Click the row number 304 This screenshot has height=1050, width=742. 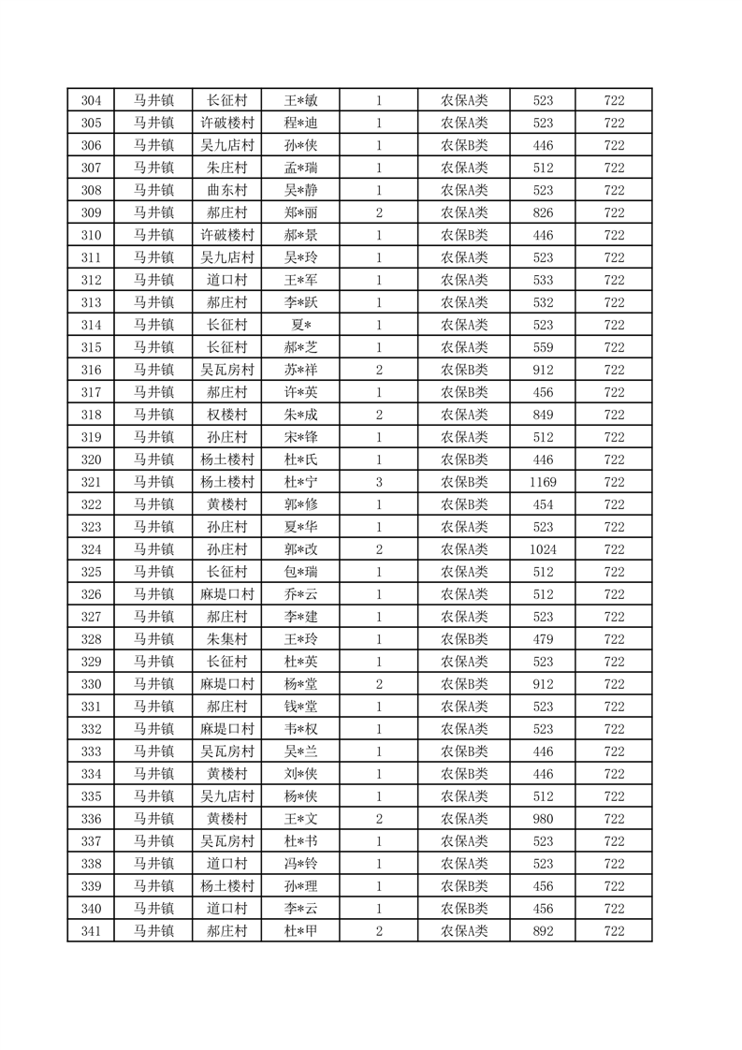click(91, 100)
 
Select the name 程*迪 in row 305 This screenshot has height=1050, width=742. click(300, 123)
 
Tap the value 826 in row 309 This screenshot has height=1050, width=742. click(543, 212)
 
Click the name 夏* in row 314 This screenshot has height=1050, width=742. click(300, 325)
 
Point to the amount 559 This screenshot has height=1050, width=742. click(543, 347)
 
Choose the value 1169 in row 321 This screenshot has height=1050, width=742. click(543, 482)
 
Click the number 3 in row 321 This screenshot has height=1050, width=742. click(378, 482)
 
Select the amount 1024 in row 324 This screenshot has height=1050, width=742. click(543, 549)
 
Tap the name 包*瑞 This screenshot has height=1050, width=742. click(300, 572)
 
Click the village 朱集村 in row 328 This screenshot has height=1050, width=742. click(226, 639)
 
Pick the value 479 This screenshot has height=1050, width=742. click(543, 639)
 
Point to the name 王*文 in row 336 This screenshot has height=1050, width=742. click(300, 819)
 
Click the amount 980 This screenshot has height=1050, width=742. click(543, 819)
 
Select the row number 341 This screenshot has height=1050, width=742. click(91, 931)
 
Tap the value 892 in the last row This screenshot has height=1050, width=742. click(543, 931)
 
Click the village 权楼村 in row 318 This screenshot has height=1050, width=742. click(226, 415)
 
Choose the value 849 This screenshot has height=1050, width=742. click(543, 415)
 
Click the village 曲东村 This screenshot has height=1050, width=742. click(226, 190)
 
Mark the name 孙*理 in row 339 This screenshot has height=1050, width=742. click(300, 886)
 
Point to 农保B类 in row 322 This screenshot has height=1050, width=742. click(464, 504)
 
